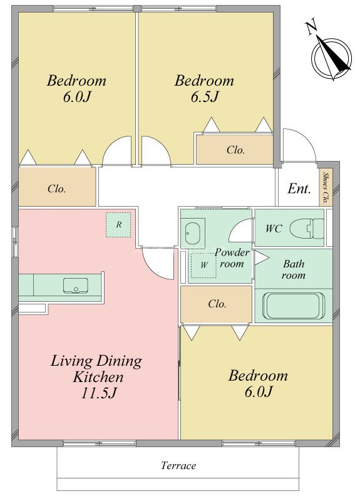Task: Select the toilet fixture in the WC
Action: point(307,229)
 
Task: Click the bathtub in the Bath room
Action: point(294,306)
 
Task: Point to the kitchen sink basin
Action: point(76,286)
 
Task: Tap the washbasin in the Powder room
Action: point(193,232)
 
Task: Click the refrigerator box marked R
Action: point(118,225)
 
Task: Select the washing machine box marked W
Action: point(204,265)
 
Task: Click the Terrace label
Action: point(178,465)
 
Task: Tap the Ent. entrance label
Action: point(299,189)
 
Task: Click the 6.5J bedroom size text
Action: point(205,96)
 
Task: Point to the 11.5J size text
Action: point(98,393)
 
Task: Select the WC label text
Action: point(274,229)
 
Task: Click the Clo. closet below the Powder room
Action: point(216,304)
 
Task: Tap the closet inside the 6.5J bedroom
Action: point(234,150)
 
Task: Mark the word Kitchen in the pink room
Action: point(98,377)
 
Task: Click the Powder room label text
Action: point(232,258)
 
